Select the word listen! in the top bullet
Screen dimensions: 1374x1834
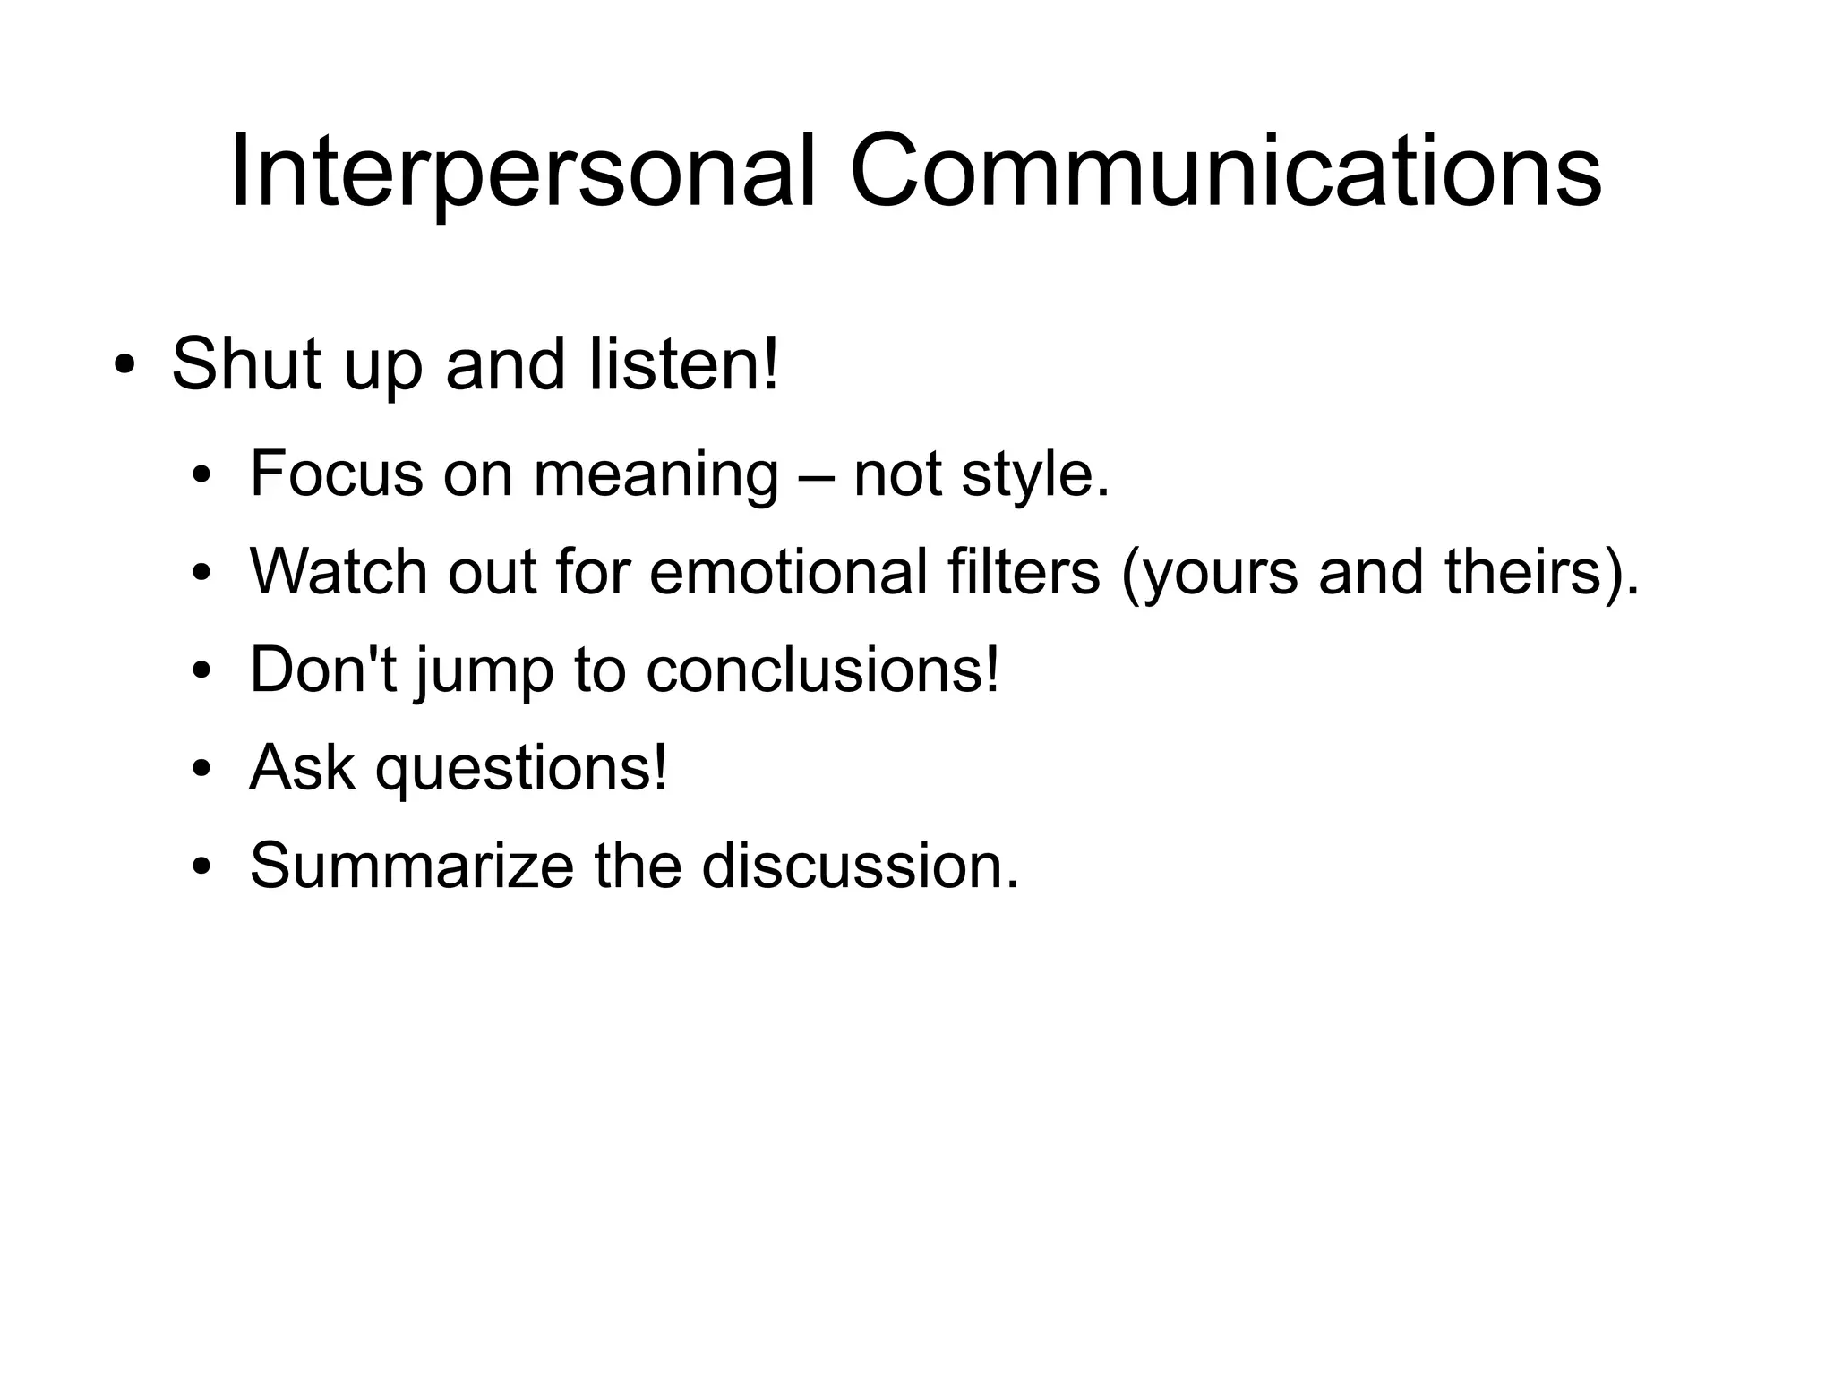click(684, 364)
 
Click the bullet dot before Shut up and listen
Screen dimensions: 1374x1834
click(124, 367)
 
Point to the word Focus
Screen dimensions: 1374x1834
click(336, 474)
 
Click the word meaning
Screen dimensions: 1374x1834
click(656, 475)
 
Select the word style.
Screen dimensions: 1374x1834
click(1035, 475)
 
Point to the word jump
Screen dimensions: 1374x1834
click(484, 671)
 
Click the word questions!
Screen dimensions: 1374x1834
click(521, 769)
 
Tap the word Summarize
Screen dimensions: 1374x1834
click(411, 866)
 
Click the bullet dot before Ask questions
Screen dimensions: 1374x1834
click(203, 771)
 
